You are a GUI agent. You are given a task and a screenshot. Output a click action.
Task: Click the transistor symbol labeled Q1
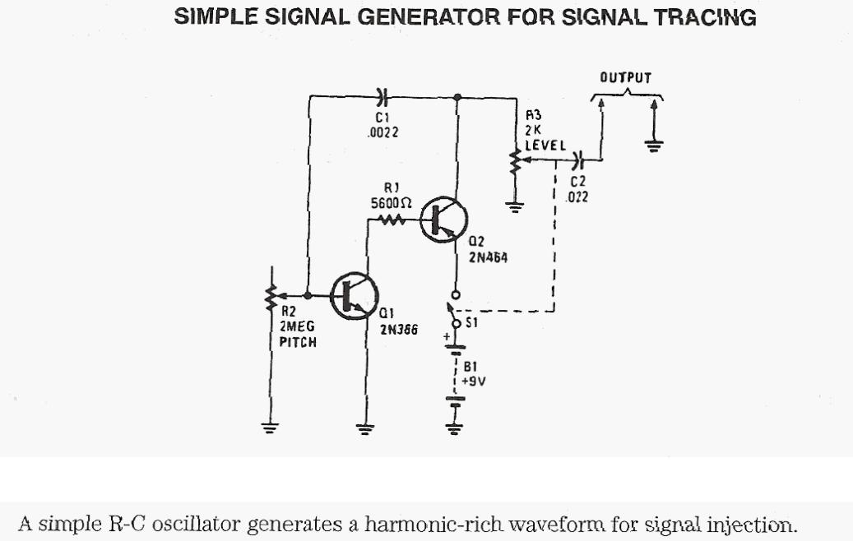click(x=354, y=295)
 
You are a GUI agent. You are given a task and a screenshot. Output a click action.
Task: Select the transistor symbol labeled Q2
click(x=444, y=220)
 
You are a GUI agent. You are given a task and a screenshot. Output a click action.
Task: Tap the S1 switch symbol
click(x=454, y=312)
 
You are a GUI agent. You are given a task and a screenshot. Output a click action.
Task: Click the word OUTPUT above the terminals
click(x=625, y=78)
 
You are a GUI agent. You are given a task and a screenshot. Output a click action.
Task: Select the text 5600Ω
click(x=392, y=202)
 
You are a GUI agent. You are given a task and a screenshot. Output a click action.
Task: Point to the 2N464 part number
click(x=487, y=257)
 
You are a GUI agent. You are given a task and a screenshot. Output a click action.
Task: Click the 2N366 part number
click(x=398, y=330)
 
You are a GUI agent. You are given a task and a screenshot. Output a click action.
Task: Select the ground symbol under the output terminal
click(x=655, y=146)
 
